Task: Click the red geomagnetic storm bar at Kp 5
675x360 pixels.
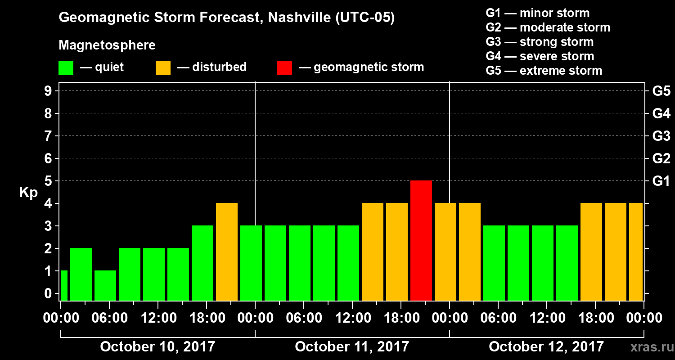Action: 421,240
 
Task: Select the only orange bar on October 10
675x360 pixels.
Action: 227,252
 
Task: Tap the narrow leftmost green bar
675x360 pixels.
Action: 64,285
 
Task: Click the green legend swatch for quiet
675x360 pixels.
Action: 66,68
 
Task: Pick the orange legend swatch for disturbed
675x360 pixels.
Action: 163,68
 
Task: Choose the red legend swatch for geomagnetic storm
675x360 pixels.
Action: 284,68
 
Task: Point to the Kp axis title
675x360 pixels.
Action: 28,193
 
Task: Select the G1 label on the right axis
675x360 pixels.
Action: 661,181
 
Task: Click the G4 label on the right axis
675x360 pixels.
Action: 661,114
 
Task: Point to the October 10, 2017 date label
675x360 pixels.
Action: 157,347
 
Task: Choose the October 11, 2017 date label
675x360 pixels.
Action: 352,347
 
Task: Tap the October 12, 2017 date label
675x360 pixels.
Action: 546,347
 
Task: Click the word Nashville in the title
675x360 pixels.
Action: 293,18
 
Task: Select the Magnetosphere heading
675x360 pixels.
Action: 107,45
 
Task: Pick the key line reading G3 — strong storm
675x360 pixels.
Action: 540,42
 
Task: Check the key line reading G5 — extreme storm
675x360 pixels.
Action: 544,71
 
